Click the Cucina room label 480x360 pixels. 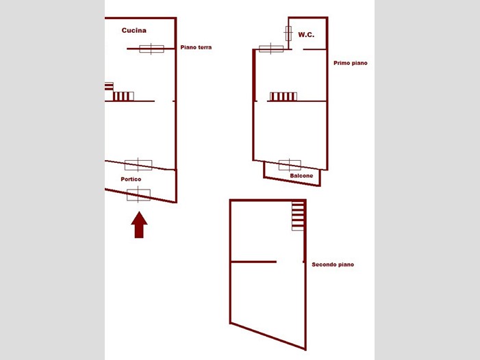134,30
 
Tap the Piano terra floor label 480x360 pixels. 196,47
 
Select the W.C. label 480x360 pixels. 306,35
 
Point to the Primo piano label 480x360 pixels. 350,63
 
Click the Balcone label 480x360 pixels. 301,176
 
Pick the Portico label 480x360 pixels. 131,179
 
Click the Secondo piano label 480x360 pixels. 333,265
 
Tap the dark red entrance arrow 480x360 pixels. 139,224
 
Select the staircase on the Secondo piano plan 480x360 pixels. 298,216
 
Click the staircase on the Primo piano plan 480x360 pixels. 283,97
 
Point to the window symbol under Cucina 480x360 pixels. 151,49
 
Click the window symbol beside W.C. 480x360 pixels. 288,34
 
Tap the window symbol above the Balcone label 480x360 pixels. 290,165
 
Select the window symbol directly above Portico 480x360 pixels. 138,165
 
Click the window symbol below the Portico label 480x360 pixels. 138,195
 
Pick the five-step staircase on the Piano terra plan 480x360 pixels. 123,97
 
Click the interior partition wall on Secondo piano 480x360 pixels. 253,262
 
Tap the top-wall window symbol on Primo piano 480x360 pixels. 271,49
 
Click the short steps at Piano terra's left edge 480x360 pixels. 109,86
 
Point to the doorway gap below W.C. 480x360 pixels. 298,49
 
